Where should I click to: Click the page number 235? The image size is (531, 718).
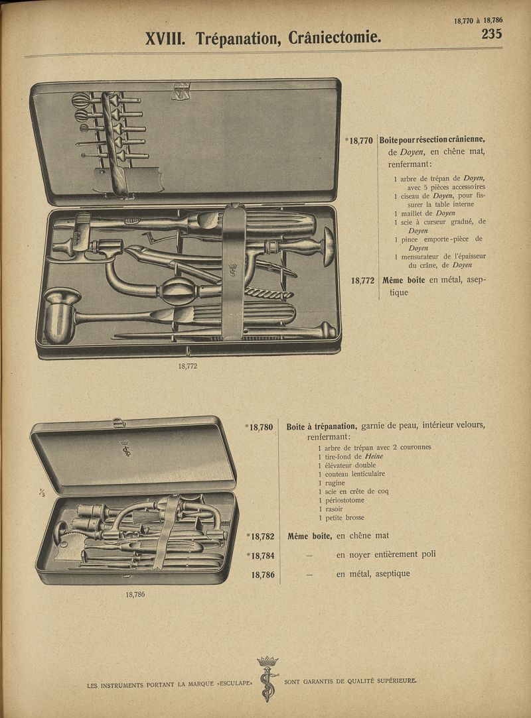491,34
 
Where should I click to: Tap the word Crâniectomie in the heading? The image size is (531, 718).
335,38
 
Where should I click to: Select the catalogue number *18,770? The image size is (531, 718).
358,141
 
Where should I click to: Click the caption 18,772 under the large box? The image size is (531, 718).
187,365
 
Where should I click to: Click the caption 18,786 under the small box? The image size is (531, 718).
135,594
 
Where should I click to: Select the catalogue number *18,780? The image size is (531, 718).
259,428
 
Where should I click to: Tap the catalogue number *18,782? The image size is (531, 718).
259,536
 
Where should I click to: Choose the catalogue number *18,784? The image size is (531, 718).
259,556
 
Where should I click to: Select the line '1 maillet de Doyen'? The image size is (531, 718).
425,213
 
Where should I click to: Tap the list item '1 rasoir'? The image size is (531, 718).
330,509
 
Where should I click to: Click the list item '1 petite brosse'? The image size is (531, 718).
341,517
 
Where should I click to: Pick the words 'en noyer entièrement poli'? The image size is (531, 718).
386,554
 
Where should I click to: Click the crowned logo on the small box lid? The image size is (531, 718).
125,449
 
